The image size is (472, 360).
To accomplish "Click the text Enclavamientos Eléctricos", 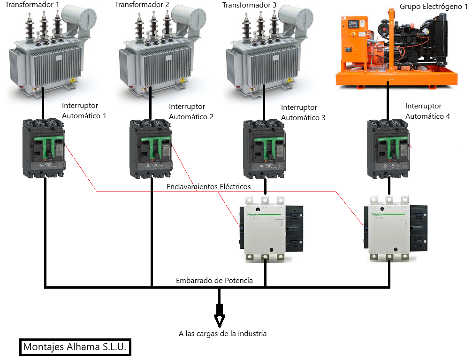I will (208, 187).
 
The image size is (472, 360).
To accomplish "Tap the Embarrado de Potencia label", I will (214, 281).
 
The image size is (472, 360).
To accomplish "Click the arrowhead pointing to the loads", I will (219, 320).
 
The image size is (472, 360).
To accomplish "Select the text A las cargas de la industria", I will (222, 334).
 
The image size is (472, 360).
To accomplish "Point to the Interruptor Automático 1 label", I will (84, 111).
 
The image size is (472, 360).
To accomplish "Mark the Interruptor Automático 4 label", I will (427, 111).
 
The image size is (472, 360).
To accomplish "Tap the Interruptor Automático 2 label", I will (191, 112).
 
